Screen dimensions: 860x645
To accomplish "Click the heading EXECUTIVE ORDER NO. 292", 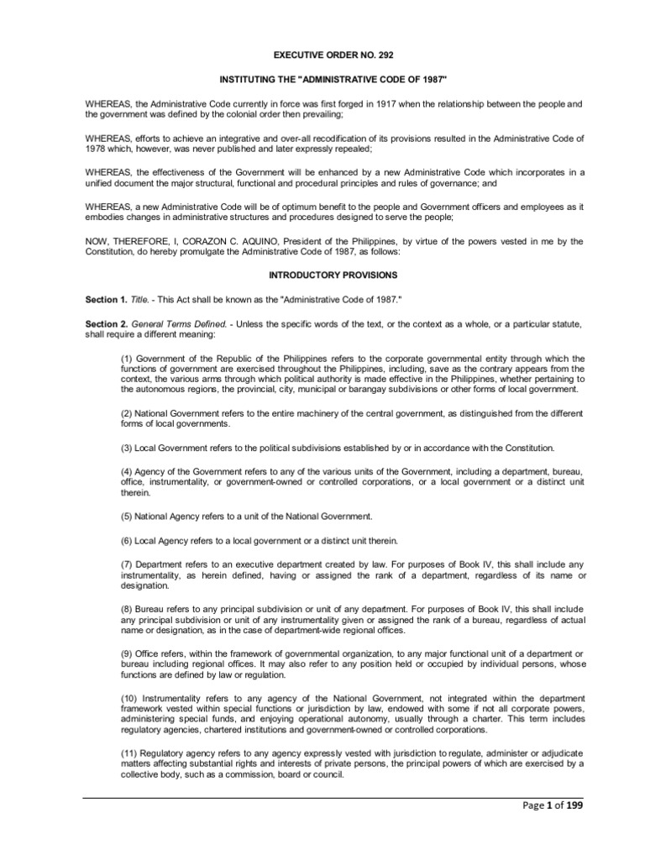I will click(322, 55).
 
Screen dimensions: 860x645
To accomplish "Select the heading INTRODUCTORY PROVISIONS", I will click(322, 275).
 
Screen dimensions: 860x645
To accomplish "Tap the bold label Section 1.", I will click(106, 300).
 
